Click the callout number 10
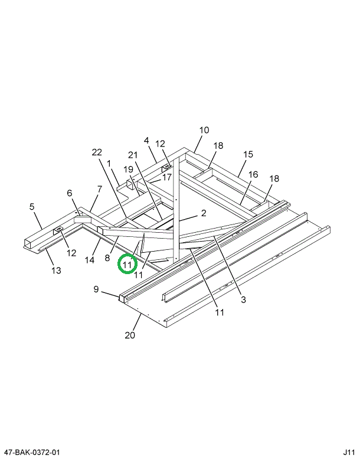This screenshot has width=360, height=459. (204, 130)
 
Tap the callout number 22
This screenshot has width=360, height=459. (97, 152)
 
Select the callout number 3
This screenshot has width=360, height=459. (243, 300)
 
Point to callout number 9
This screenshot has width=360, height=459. (96, 289)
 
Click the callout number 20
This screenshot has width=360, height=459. (130, 336)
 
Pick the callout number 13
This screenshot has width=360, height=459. (55, 271)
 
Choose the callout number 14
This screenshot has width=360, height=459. (90, 259)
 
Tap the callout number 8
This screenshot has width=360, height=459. (108, 258)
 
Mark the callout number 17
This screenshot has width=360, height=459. (166, 177)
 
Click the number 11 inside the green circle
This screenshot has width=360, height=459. (127, 264)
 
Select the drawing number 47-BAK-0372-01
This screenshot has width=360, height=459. (30, 452)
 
